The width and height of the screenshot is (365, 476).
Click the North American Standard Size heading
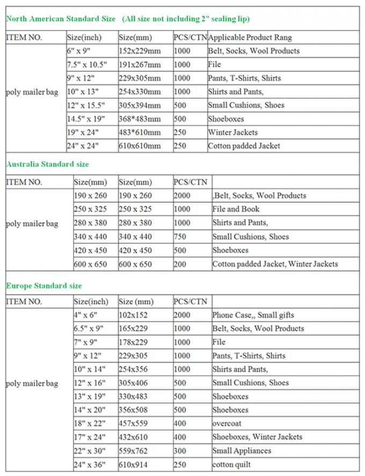point(61,19)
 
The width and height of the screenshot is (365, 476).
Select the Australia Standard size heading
point(47,164)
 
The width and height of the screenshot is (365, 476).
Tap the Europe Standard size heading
point(43,286)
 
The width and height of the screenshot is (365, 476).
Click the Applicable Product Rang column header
point(250,38)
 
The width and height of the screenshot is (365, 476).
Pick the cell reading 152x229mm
point(140,51)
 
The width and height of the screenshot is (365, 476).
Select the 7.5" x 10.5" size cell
point(87,65)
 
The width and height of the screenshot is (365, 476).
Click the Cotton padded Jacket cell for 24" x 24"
point(244,146)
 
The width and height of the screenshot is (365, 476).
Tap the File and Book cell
point(236,209)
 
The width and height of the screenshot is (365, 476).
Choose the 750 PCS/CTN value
point(181,236)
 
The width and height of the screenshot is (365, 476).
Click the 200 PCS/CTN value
point(181,264)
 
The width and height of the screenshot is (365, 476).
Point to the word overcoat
point(228,423)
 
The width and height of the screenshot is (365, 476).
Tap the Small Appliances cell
point(242,451)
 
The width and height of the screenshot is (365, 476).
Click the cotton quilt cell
point(231,464)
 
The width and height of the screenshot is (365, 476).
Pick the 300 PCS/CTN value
point(181,451)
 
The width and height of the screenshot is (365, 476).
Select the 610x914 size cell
point(133,464)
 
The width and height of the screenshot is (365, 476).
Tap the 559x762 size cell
point(133,451)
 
